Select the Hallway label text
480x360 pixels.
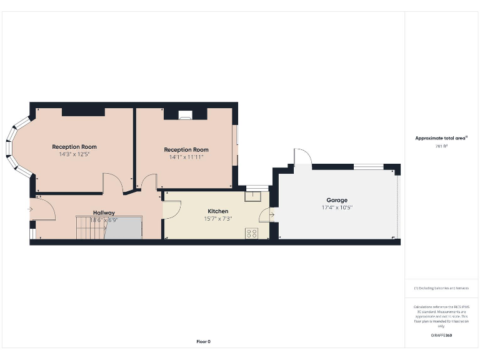point(104,212)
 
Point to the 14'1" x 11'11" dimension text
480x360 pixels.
point(186,157)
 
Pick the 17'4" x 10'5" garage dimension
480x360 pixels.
point(337,207)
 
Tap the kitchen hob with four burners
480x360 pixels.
point(252,233)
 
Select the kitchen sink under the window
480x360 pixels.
point(253,196)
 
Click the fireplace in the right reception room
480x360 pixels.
point(186,114)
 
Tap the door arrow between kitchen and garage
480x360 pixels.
point(271,216)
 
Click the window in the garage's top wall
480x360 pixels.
point(369,166)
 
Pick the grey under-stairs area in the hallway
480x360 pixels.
point(124,228)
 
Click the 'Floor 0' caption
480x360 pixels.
point(204,341)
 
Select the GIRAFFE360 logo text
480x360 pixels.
point(441,336)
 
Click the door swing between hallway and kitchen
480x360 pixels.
point(171,208)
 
